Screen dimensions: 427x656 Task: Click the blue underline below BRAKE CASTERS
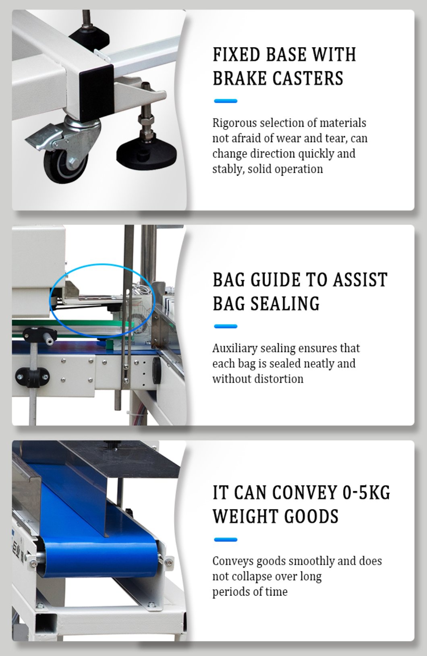coord(226,101)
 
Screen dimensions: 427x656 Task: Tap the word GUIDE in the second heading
coord(275,280)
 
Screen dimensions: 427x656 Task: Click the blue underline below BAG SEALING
coord(226,326)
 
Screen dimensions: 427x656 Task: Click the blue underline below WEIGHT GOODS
coord(226,540)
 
